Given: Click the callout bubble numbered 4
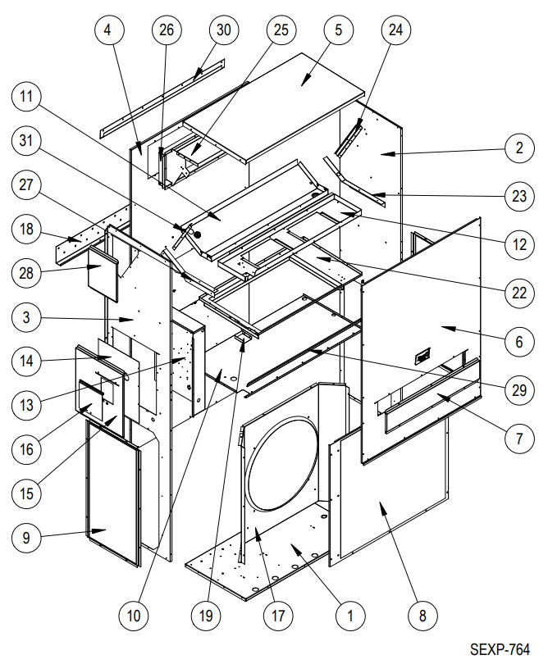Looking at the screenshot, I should coord(110,31).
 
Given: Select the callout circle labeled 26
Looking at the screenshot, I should coord(167,31).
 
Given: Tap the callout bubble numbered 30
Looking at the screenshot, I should coord(222,31).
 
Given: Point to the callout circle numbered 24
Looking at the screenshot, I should coord(395,31).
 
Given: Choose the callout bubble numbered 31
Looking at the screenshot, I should coord(27,141).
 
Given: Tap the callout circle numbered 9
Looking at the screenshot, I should coord(27,538).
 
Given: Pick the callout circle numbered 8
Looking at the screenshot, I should coord(422,613).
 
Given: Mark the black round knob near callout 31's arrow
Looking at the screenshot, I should coord(196,234).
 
